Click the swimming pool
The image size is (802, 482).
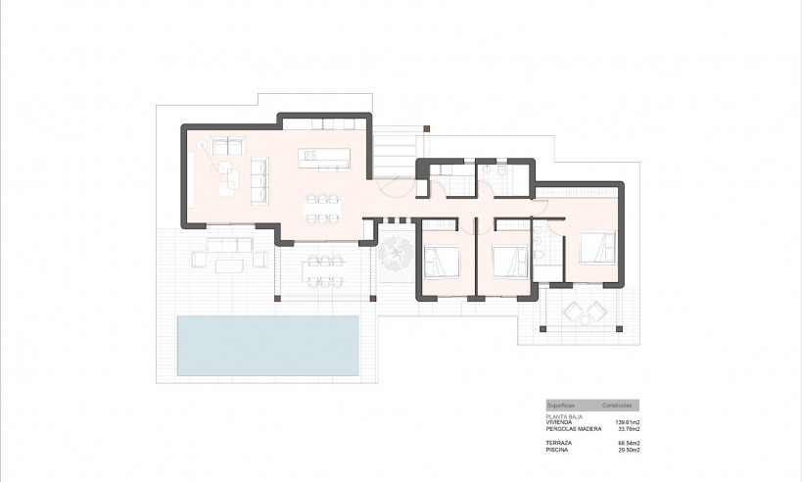267,346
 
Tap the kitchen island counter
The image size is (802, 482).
325,156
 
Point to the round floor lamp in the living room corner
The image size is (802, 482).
203,146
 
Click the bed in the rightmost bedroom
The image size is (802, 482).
596,247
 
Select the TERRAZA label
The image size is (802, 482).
560,443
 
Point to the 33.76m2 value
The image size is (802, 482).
627,428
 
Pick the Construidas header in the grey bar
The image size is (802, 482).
617,405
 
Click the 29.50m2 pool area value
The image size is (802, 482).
627,450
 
